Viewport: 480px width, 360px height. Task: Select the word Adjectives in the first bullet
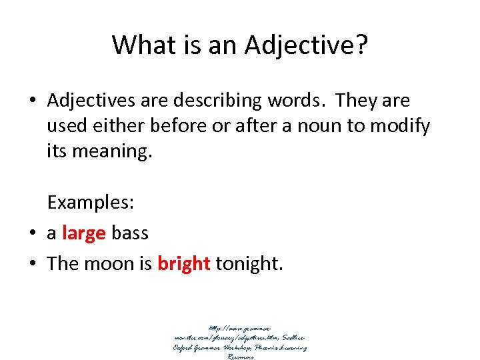[91, 101]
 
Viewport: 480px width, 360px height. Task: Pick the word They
[357, 101]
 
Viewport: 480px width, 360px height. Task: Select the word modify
[404, 127]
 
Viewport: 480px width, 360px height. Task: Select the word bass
[130, 233]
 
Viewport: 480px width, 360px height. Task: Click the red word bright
[184, 264]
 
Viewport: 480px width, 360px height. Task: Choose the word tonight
[249, 264]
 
